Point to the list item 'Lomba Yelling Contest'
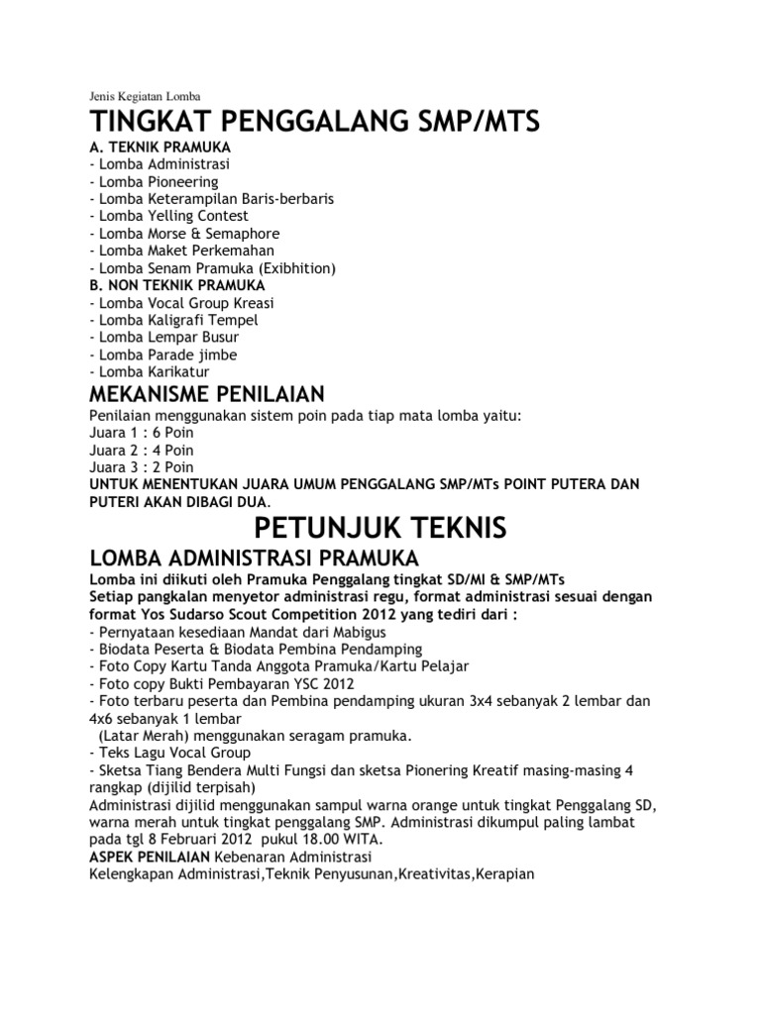point(168,216)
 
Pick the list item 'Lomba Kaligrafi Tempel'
point(173,320)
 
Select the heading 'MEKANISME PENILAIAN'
point(207,396)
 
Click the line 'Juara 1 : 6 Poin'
point(142,432)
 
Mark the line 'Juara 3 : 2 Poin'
point(142,466)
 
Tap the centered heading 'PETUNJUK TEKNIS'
point(380,525)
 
